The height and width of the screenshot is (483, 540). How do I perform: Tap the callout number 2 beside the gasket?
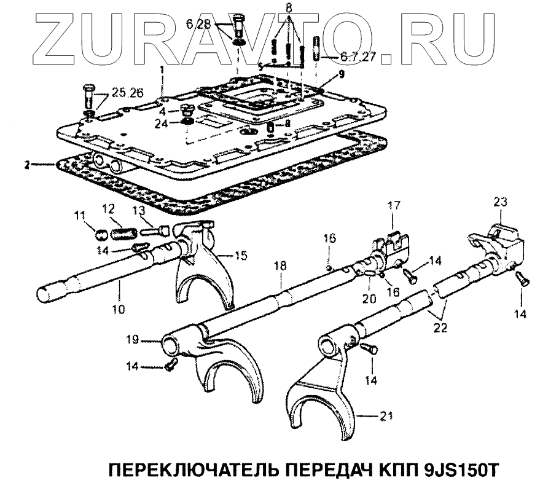tap(27, 165)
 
